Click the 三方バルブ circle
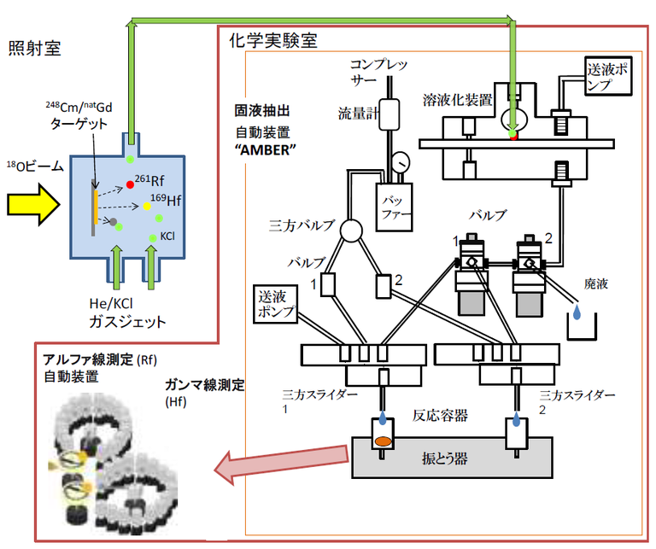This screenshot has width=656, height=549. [x=351, y=231]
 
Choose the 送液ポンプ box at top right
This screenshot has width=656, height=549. [x=608, y=77]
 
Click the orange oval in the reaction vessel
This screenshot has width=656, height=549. [x=384, y=442]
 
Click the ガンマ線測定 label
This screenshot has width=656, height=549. [x=205, y=386]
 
